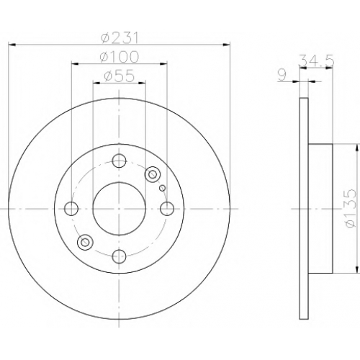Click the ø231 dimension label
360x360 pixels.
point(120,38)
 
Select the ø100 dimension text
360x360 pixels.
point(120,57)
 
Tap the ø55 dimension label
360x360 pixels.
point(120,76)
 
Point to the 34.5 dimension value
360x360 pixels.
point(316,61)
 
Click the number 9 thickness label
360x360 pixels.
point(282,76)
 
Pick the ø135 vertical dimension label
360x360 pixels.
point(348,208)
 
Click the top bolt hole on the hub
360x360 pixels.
point(120,161)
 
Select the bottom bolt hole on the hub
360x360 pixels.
point(120,256)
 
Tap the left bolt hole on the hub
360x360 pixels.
point(71,209)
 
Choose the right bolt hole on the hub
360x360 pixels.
point(167,209)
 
